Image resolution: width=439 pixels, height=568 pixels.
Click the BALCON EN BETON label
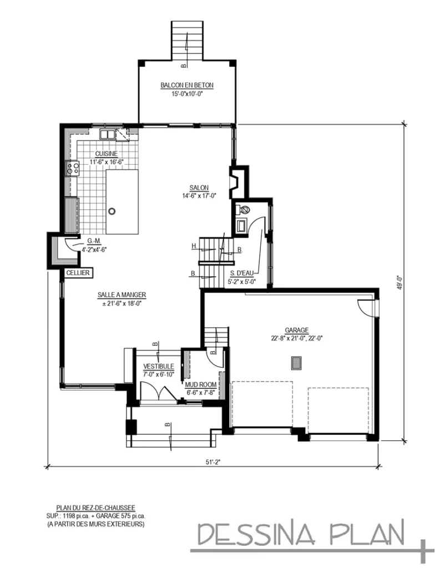[x=186, y=85]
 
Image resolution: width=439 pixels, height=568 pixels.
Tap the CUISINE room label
[x=105, y=154]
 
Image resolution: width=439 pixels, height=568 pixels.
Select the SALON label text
[x=198, y=187]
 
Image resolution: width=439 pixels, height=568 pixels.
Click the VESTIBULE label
[x=159, y=367]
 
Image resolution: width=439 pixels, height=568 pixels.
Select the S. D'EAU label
[x=243, y=273]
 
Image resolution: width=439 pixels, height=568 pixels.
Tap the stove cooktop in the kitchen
[x=72, y=168]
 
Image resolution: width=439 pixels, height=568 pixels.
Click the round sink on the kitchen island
[x=112, y=211]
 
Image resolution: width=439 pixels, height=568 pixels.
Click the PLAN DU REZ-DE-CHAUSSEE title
[x=95, y=507]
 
